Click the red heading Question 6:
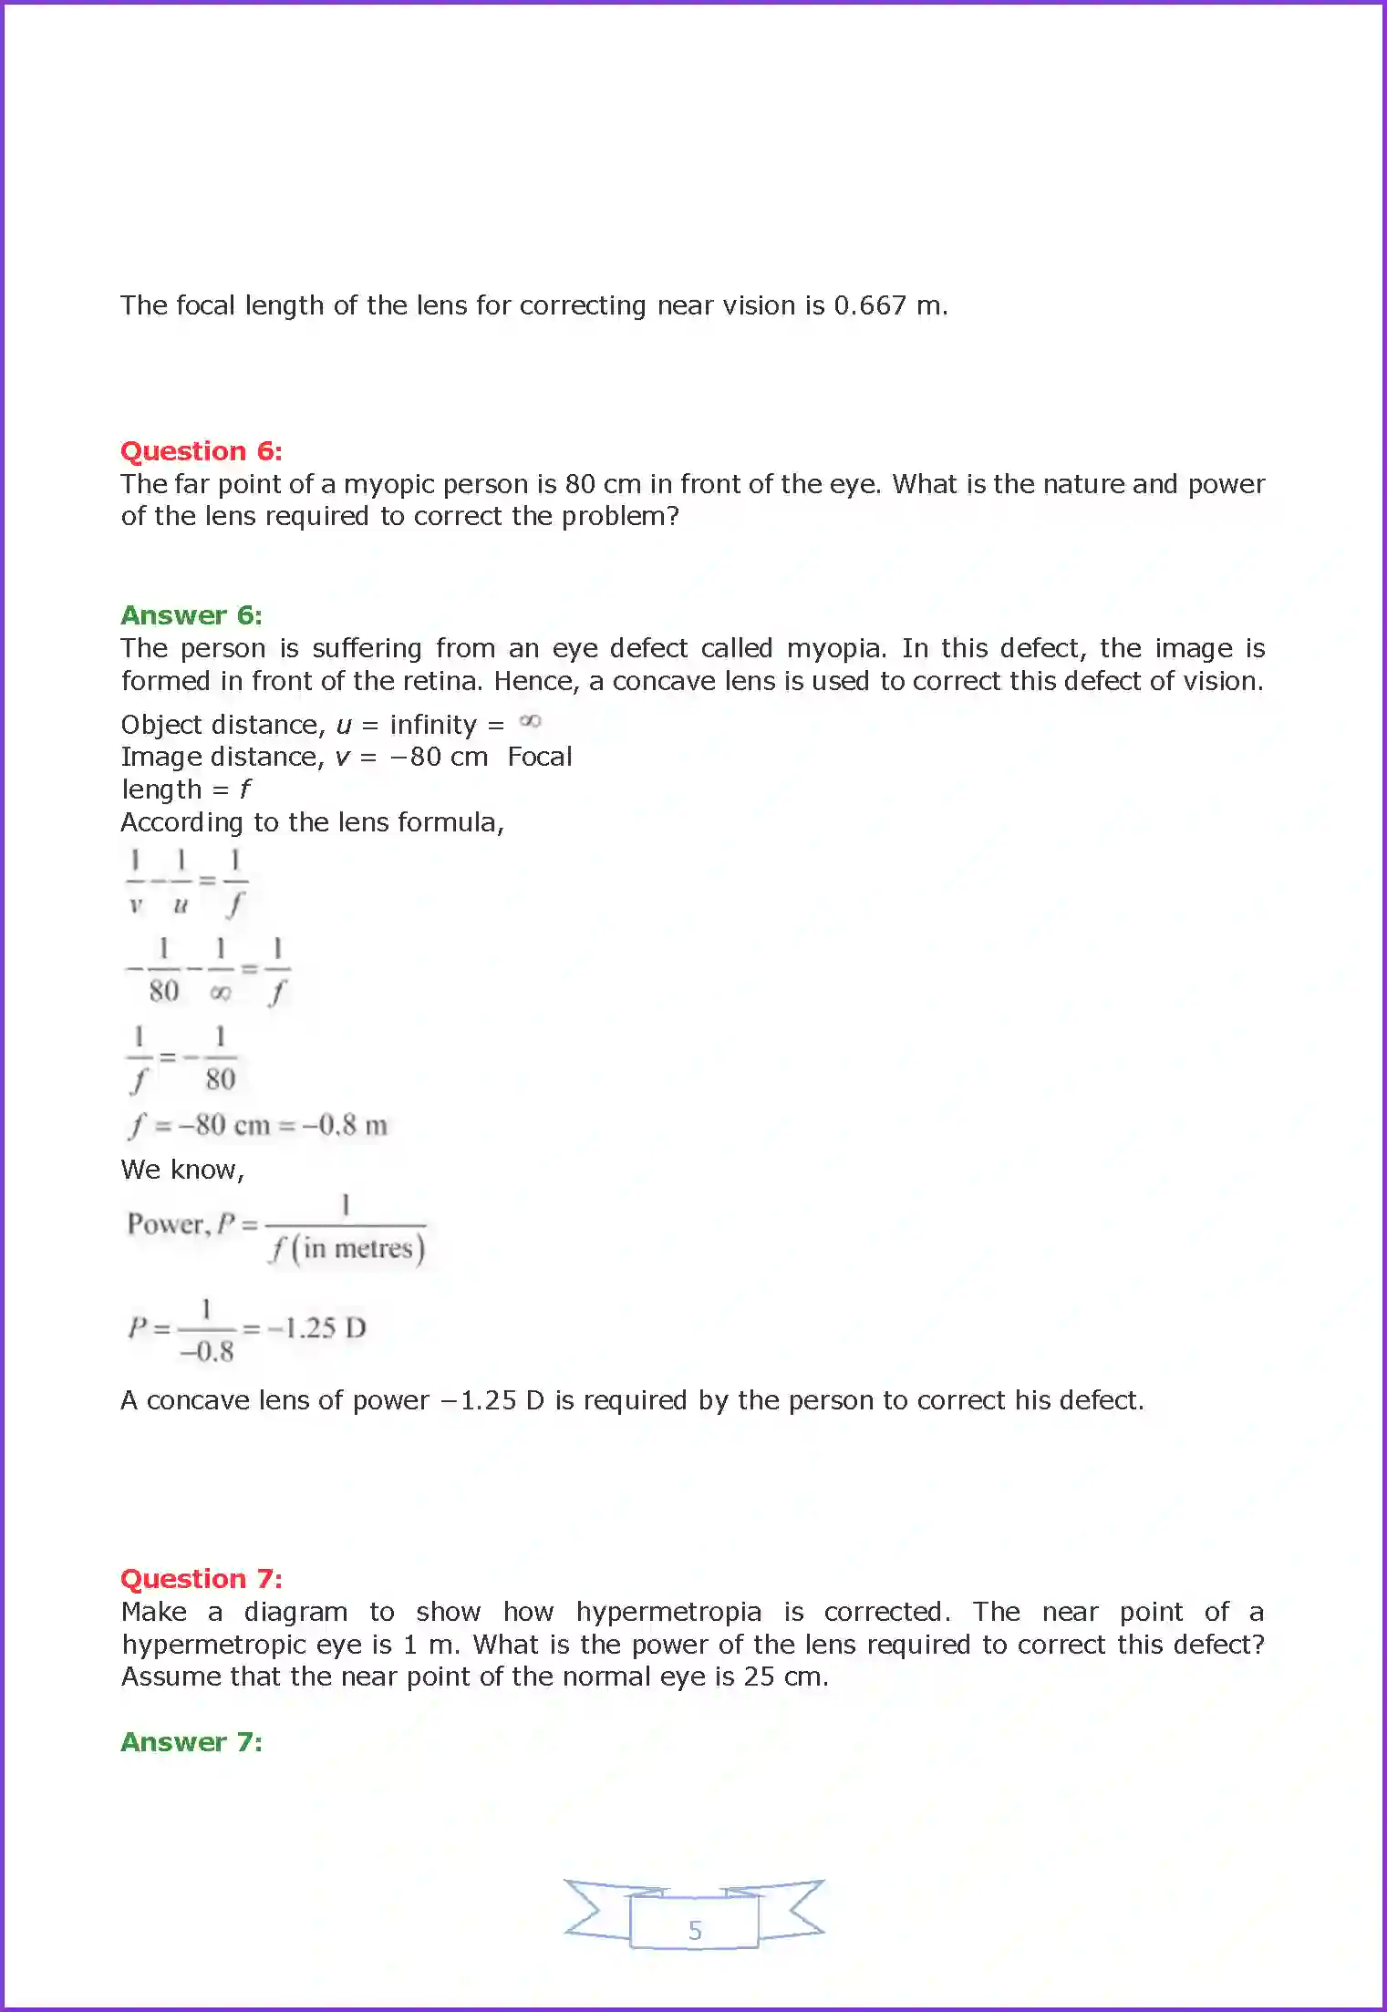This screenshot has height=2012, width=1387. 202,451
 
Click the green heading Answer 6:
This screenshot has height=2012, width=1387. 191,615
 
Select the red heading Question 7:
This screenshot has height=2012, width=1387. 202,1578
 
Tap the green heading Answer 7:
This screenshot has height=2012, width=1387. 191,1741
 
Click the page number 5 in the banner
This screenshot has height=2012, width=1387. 695,1930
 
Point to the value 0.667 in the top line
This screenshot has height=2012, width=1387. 870,305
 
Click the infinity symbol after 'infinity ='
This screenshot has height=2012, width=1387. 530,722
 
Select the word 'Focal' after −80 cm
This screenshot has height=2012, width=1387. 540,757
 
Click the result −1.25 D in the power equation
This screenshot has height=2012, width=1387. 317,1327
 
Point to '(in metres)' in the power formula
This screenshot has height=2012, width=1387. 358,1248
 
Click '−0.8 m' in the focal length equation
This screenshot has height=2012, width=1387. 345,1125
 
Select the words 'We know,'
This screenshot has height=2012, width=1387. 183,1170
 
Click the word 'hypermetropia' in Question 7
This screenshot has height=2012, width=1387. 668,1612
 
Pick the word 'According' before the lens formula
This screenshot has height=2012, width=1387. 182,822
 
